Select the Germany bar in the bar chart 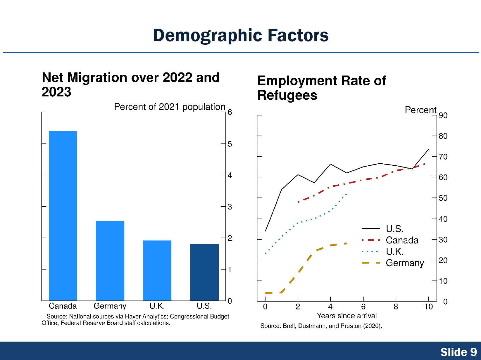[x=110, y=261]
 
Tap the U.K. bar [x=157, y=270]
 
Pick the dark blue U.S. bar [x=204, y=272]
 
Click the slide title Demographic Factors [x=241, y=35]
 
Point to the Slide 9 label [x=458, y=352]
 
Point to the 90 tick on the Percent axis [x=443, y=115]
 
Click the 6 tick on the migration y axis [x=230, y=112]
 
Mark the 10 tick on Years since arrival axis [x=428, y=307]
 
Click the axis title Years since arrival [x=347, y=316]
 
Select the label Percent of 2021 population [x=170, y=107]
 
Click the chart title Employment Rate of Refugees [x=322, y=88]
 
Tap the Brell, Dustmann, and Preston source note [x=321, y=326]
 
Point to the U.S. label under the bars [x=204, y=306]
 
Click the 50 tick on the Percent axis [x=443, y=198]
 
